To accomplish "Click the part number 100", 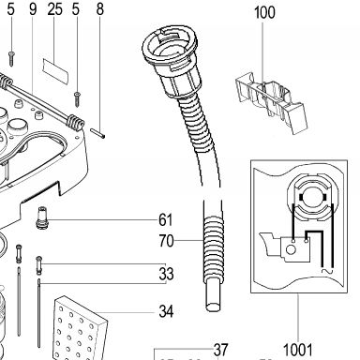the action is click(264, 13).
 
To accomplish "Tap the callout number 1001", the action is click(297, 350).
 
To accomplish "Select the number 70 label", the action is click(166, 241).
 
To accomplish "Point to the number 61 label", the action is click(166, 219).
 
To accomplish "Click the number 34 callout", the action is click(166, 311).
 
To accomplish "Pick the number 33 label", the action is click(166, 274).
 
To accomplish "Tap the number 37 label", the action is click(220, 350).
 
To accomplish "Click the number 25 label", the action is click(54, 9).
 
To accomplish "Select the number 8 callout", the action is click(99, 9).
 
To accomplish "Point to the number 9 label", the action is click(33, 9).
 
